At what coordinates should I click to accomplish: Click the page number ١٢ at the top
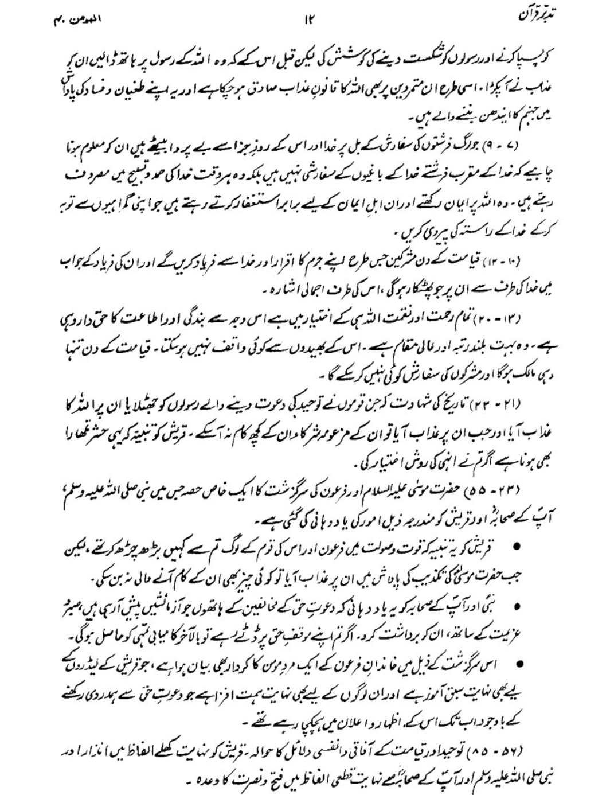[x=308, y=22]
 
